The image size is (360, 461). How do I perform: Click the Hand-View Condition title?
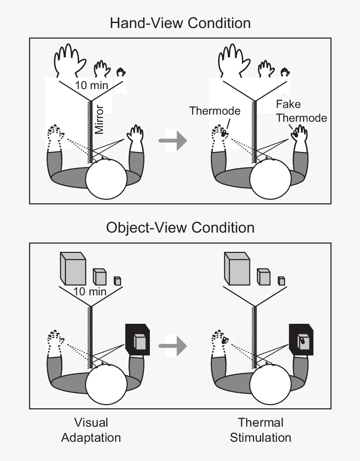click(180, 23)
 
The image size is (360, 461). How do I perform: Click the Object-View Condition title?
click(180, 228)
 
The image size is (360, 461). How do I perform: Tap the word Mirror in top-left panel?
click(99, 119)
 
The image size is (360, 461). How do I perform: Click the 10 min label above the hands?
click(91, 86)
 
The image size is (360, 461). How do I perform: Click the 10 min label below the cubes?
click(90, 291)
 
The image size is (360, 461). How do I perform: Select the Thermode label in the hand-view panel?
click(215, 111)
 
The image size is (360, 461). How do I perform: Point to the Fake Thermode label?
click(301, 111)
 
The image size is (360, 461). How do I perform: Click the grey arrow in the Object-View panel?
click(172, 346)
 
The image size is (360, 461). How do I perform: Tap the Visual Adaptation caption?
click(91, 430)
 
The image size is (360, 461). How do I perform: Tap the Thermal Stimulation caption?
click(260, 430)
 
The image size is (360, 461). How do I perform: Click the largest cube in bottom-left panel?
click(73, 268)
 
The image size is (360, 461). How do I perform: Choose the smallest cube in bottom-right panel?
click(282, 281)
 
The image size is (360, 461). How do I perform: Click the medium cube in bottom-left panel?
click(99, 277)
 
